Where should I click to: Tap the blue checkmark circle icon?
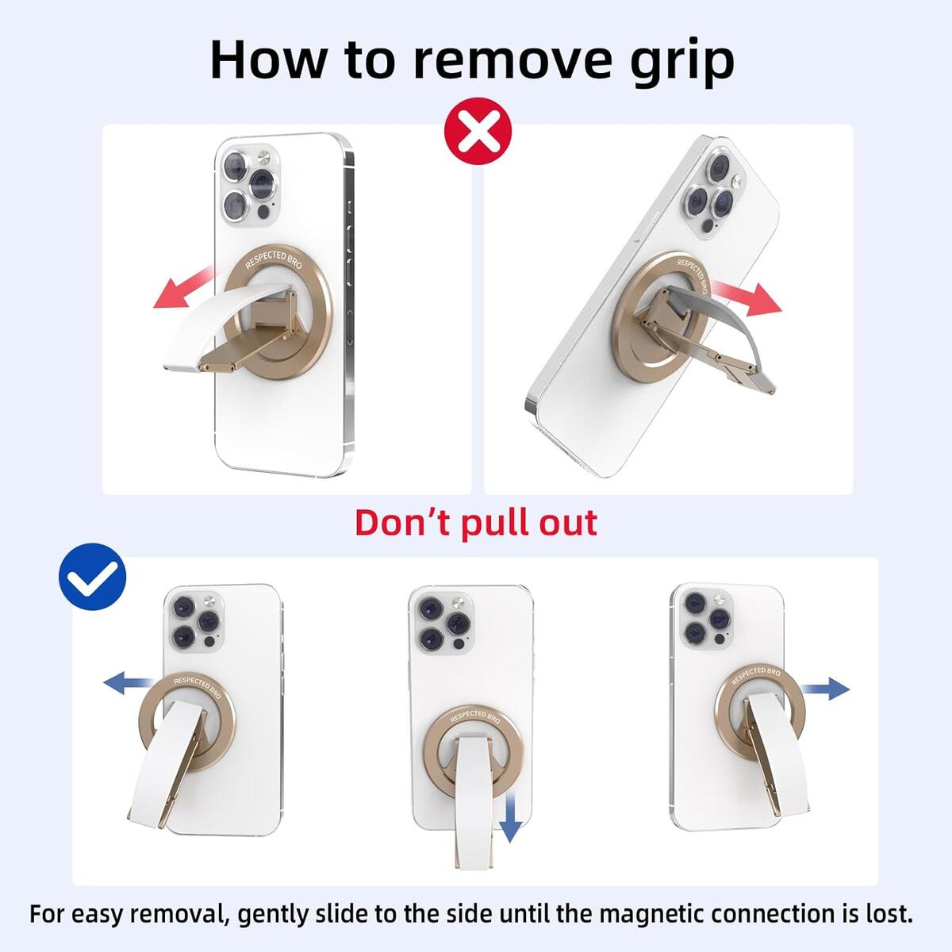pos(93,577)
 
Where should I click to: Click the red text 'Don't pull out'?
pos(476,523)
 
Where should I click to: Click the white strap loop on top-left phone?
pos(198,333)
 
